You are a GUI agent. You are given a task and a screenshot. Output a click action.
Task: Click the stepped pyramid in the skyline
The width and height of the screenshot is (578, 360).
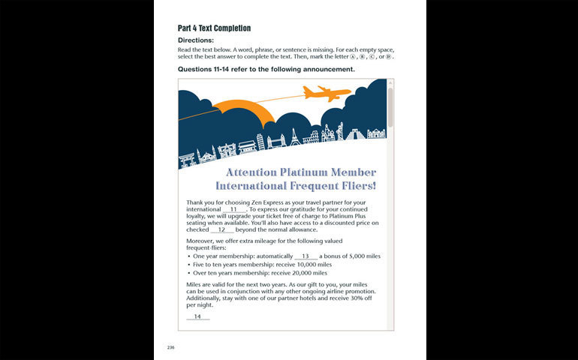[x=355, y=134]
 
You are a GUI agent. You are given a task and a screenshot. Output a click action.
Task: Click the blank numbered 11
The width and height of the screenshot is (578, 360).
[x=233, y=209]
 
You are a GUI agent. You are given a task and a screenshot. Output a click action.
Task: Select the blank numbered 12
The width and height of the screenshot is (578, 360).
[x=222, y=229]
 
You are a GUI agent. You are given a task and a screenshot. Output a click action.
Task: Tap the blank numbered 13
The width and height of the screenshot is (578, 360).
[x=306, y=256]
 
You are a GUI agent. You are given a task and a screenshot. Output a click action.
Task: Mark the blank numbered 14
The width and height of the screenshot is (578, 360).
[x=197, y=316]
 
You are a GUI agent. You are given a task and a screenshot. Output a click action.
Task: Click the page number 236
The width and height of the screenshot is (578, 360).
[x=171, y=347]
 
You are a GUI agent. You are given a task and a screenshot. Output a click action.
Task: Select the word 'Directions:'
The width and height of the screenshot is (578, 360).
[x=196, y=40]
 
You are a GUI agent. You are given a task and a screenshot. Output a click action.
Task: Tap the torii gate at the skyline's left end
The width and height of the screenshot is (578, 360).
[x=186, y=159]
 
